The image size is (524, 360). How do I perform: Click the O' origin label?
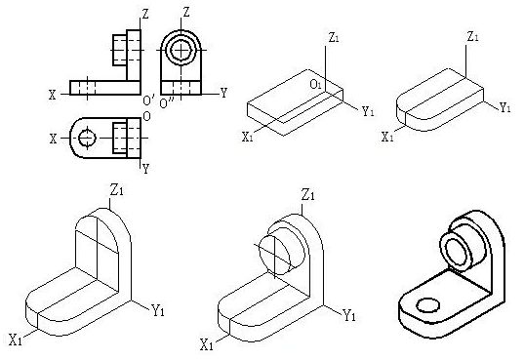[x=148, y=100]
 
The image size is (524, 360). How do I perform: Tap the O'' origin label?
[x=167, y=103]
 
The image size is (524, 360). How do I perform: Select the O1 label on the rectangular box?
[x=316, y=84]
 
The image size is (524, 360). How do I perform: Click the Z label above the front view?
[x=145, y=14]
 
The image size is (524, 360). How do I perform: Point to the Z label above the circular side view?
[x=186, y=13]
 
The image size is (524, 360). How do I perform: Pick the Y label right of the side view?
[x=223, y=93]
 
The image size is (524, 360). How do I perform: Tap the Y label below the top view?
[x=145, y=169]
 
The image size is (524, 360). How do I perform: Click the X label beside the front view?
[x=53, y=95]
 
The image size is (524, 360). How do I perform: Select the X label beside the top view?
[x=53, y=139]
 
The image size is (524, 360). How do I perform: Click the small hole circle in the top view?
[x=87, y=138]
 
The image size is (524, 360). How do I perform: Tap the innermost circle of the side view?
[x=181, y=50]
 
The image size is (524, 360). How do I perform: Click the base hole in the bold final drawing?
[x=427, y=305]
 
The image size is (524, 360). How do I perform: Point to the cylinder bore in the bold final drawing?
[x=457, y=253]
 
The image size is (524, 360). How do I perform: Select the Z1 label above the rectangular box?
[x=334, y=38]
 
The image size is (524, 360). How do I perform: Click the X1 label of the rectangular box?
[x=248, y=137]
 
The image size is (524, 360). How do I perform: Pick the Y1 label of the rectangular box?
[x=368, y=111]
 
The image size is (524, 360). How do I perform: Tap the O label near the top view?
[x=146, y=116]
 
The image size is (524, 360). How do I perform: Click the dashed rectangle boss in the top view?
[x=120, y=139]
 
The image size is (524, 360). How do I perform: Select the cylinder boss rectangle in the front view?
[x=120, y=50]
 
